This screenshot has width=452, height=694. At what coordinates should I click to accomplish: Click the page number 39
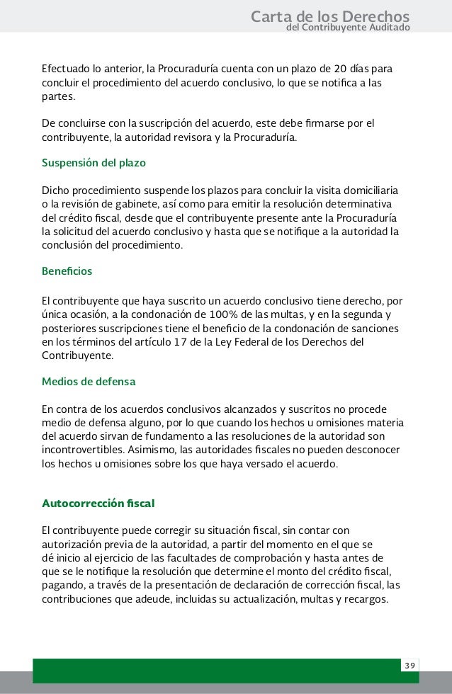[409, 666]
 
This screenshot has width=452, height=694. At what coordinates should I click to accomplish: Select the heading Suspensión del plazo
[94, 163]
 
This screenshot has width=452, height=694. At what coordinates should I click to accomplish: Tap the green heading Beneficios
[67, 271]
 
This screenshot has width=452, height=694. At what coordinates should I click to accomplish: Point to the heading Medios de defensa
[89, 382]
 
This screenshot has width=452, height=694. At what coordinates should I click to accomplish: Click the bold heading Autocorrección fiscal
[98, 504]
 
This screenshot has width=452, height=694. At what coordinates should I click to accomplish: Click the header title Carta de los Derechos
[330, 16]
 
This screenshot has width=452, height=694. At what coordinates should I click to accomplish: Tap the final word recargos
[366, 598]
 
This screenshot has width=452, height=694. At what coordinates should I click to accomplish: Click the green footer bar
[213, 669]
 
